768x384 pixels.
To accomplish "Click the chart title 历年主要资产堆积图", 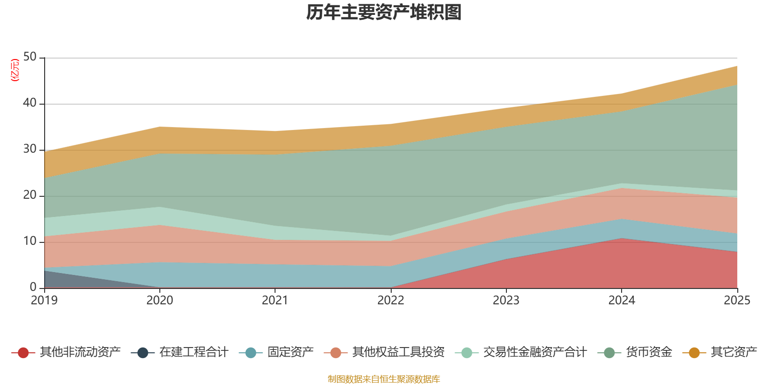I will pyautogui.click(x=384, y=12).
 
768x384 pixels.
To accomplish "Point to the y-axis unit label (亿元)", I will pyautogui.click(x=15, y=70).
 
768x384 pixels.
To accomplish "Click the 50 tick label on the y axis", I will pyautogui.click(x=30, y=57).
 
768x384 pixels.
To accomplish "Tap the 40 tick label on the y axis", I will pyautogui.click(x=30, y=103).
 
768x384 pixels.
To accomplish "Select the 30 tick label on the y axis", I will pyautogui.click(x=30, y=149).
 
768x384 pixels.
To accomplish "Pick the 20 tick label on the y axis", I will pyautogui.click(x=30, y=195).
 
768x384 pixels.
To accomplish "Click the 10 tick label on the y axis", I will pyautogui.click(x=30, y=241).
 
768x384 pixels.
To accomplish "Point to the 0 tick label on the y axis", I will pyautogui.click(x=33, y=287).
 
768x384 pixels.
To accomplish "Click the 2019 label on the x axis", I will pyautogui.click(x=44, y=300).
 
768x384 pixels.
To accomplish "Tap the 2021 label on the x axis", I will pyautogui.click(x=275, y=300).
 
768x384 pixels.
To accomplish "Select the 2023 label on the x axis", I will pyautogui.click(x=506, y=300).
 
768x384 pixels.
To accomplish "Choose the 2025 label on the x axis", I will pyautogui.click(x=737, y=300).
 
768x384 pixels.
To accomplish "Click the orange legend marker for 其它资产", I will pyautogui.click(x=694, y=353).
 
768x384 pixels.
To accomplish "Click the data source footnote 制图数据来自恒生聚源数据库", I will pyautogui.click(x=384, y=379).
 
